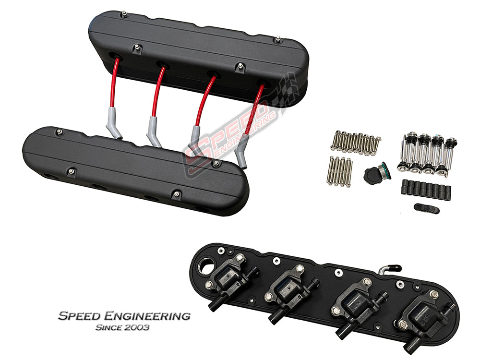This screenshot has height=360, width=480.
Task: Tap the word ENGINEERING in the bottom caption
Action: click(x=147, y=316)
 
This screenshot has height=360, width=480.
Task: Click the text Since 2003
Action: click(x=122, y=327)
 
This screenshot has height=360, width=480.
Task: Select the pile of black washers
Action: click(x=426, y=208)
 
